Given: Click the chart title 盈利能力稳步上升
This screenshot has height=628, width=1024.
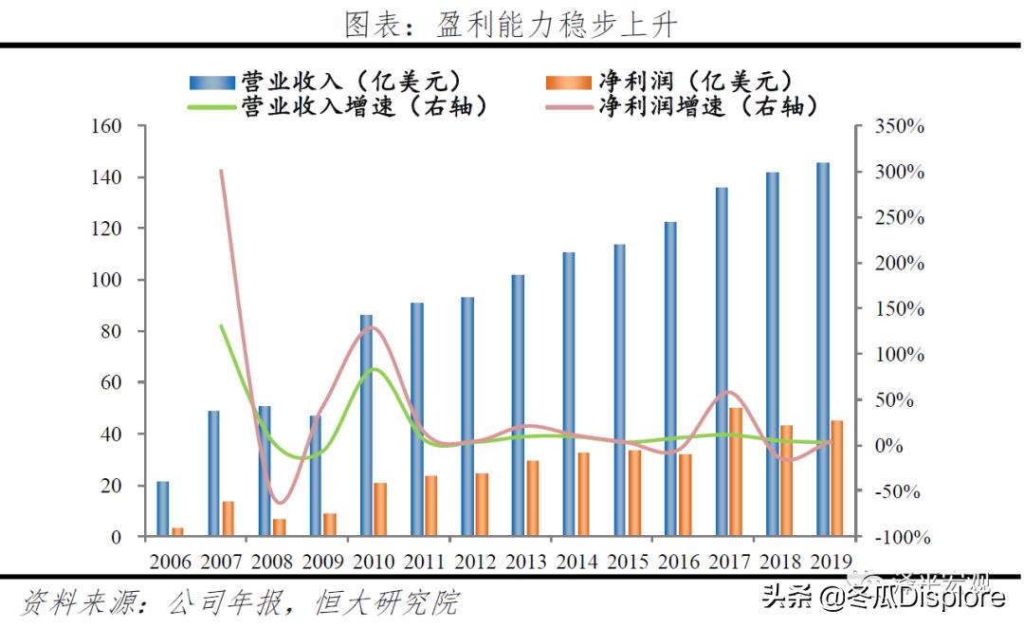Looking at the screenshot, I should coord(511,24).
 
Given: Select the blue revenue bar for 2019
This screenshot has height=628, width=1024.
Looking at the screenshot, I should coord(822,349).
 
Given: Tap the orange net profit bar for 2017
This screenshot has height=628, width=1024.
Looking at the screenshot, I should coord(736,471).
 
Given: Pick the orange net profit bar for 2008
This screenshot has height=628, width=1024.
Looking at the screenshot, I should coord(279,526).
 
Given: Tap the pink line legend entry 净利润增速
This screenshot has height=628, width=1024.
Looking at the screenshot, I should coord(683,105).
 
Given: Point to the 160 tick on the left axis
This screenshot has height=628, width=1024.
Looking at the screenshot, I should coord(105,126).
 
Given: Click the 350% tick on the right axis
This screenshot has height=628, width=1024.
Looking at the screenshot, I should coord(898,126).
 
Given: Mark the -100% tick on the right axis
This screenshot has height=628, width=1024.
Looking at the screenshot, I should coord(895,537).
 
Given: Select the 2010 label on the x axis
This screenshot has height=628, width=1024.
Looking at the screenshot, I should coord(374,561).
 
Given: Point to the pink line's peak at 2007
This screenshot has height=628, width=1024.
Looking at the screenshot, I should coord(221,171).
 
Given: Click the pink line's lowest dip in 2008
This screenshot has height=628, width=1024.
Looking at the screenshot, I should coord(278,503).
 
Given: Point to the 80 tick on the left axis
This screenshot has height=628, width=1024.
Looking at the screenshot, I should coord(112,331).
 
